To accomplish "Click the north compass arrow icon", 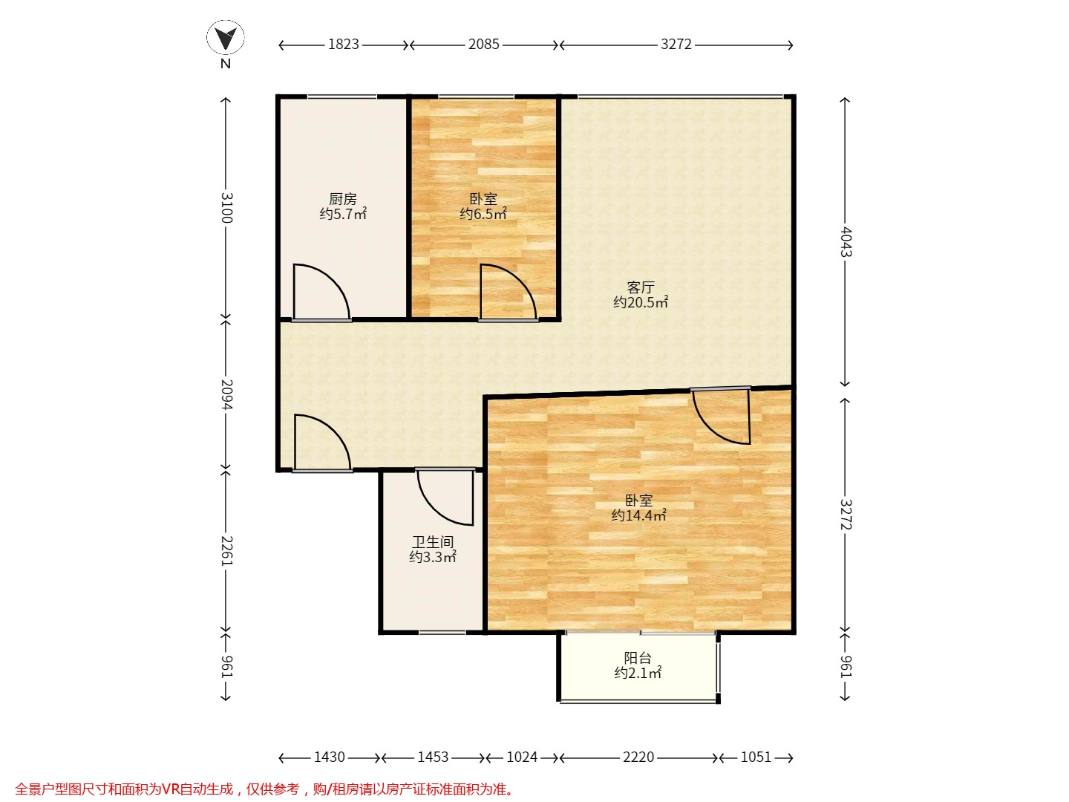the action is pos(226,37).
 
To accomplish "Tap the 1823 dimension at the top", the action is pos(344,45).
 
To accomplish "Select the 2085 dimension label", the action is pos(483,45).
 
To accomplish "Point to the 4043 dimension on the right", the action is pos(846,241).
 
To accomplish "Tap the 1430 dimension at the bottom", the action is pos(330,757).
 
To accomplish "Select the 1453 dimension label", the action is pos(433,757).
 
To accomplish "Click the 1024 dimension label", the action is pos(522,757).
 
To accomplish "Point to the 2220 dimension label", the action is pos(638,757).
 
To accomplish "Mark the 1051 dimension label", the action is pos(756,757).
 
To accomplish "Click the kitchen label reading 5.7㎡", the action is pos(343,206).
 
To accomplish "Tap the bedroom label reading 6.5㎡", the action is pos(483,206).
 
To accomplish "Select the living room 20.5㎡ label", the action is pos(641,295).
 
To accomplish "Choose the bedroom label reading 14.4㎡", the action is pos(638,508).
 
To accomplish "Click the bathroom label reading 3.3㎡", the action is pos(433,550).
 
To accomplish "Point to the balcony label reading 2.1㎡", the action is pos(638,665).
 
